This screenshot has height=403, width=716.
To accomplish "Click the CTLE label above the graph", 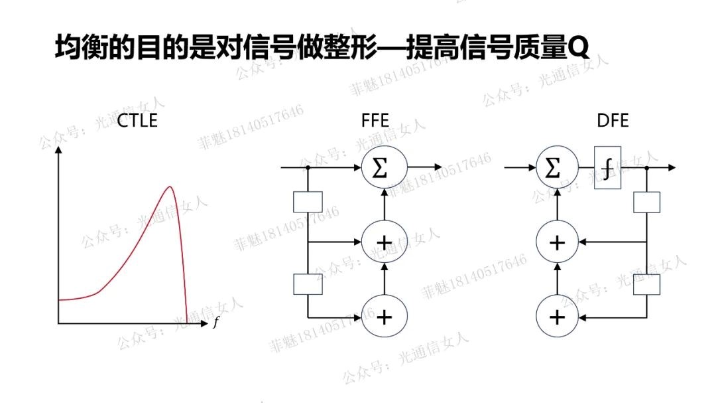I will click(137, 121).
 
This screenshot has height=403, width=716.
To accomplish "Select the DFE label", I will click(612, 121).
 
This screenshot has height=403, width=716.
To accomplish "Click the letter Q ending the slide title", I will click(578, 47).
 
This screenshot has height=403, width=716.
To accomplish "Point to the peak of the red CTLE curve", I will click(170, 187).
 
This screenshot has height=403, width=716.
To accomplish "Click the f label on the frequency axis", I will click(215, 323).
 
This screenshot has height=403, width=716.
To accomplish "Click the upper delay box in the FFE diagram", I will click(308, 202).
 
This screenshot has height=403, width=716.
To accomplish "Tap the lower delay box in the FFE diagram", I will click(308, 284).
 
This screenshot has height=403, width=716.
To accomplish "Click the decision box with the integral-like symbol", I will click(607, 168).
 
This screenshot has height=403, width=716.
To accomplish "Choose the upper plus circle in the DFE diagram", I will click(557, 242).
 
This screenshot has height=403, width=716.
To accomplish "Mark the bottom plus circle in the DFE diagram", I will click(557, 317).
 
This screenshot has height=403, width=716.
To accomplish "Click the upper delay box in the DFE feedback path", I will click(647, 202).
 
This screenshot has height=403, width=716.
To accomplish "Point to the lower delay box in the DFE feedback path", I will click(647, 284).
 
